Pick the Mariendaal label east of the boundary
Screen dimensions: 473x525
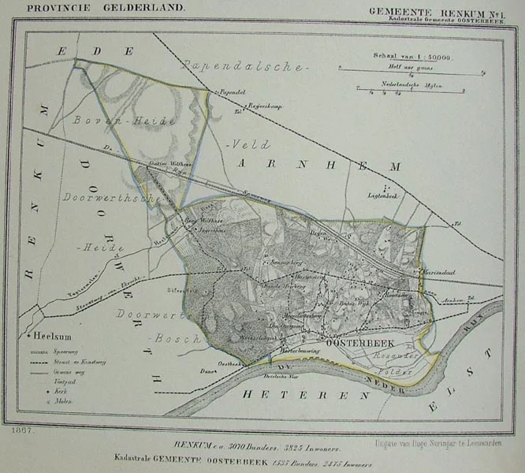[x=442, y=273]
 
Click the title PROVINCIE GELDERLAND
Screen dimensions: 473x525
[x=106, y=7]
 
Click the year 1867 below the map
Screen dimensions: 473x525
[x=23, y=431]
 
